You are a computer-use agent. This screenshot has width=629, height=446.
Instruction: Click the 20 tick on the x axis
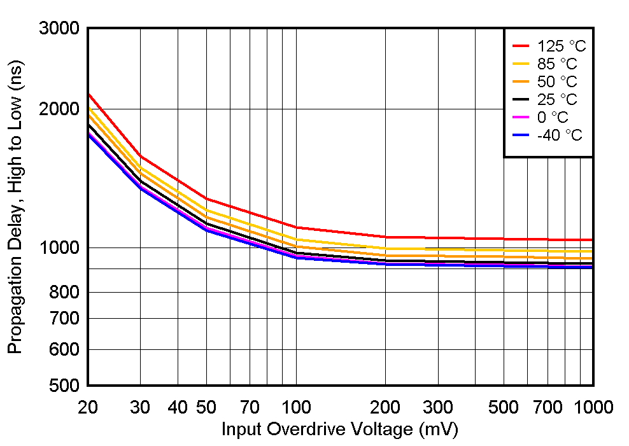coord(87,407)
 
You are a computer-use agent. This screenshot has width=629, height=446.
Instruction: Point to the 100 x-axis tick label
coord(296,407)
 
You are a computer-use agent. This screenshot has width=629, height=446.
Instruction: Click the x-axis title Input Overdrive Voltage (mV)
coord(339,430)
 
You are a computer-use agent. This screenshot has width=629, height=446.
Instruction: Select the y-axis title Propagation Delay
coord(15,207)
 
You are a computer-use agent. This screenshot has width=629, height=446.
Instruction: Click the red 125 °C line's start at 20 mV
coord(88,94)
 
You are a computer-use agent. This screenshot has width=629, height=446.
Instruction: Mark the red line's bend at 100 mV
coord(296,227)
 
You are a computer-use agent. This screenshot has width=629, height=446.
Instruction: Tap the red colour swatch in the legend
coord(521,46)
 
